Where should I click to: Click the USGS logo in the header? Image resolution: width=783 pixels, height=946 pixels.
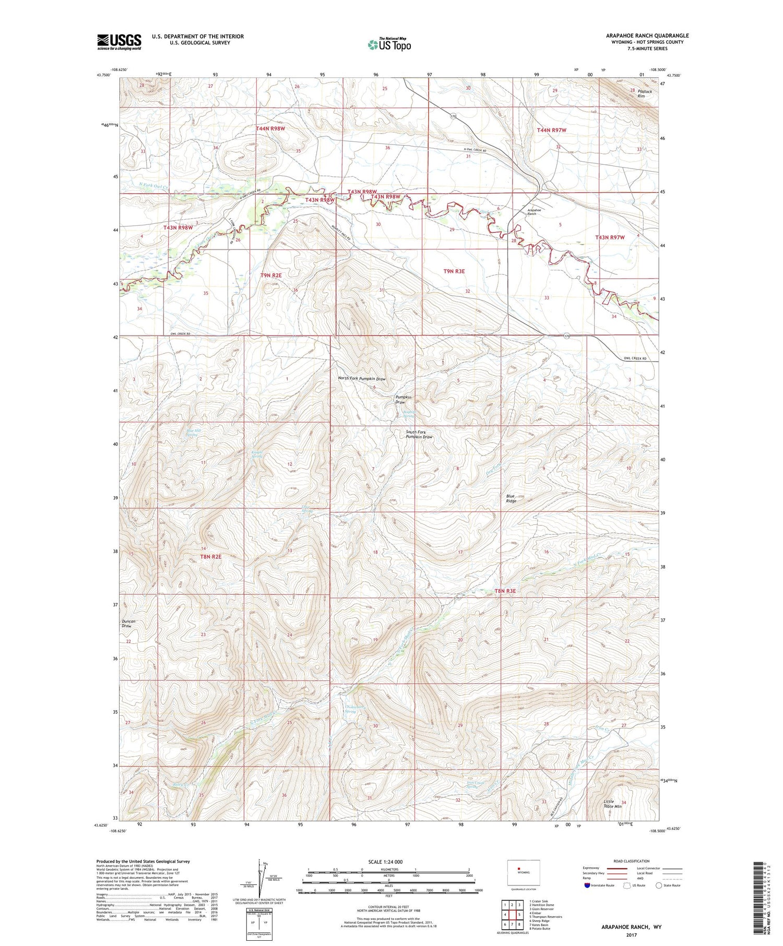(119, 42)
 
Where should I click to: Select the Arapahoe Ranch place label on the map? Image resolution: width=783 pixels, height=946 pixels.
(531, 212)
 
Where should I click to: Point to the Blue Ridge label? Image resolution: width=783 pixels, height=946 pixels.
(511, 498)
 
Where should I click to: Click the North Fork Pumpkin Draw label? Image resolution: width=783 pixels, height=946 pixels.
(362, 379)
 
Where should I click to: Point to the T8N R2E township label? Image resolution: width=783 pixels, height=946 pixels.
(210, 557)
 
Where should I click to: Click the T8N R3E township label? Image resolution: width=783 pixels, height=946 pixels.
(505, 591)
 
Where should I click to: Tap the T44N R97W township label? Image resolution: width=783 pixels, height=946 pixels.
(552, 129)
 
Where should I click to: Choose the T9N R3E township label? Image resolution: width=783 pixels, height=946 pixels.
(454, 271)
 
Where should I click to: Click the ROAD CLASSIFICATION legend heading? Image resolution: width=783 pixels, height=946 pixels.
(632, 861)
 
